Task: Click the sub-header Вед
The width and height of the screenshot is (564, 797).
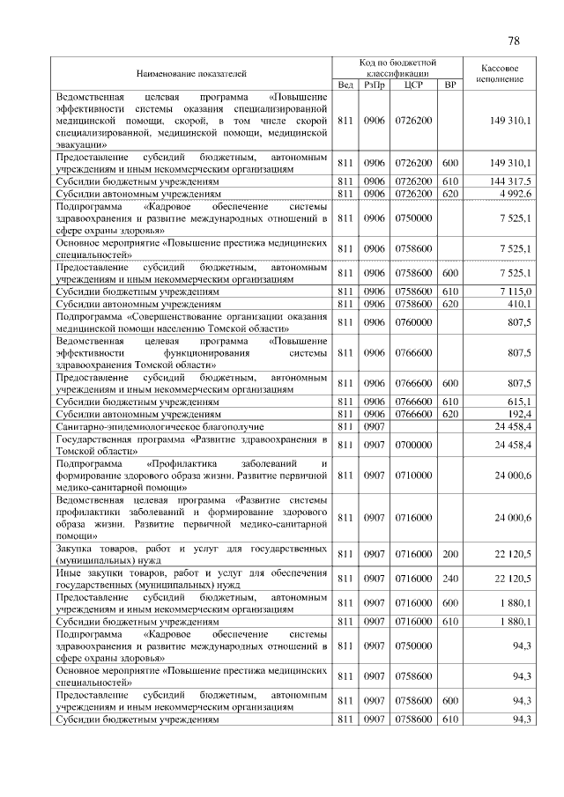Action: pos(345,85)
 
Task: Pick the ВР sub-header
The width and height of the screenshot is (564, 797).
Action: pos(449,85)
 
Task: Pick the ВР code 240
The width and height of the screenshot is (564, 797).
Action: pos(449,579)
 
